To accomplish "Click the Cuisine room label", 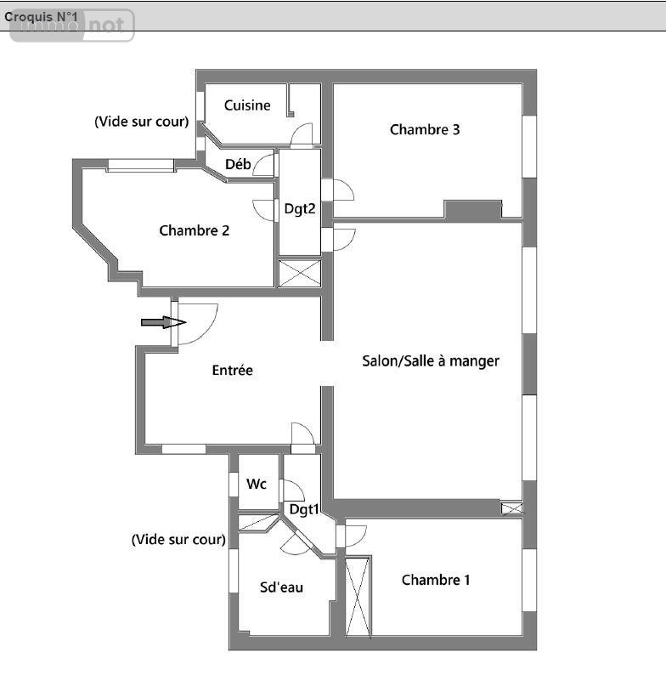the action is click(x=247, y=105).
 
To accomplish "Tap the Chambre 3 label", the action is click(x=425, y=130).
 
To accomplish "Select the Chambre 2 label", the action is click(x=194, y=231).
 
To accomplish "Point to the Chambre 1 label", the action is click(x=436, y=580).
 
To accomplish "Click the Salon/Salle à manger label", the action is click(x=431, y=361).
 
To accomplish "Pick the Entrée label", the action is click(x=233, y=371).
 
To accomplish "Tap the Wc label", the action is click(x=257, y=484).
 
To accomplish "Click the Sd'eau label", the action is click(x=281, y=587).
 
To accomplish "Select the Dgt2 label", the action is click(x=300, y=209).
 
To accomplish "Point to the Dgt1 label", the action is click(x=304, y=510).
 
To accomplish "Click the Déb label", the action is click(x=238, y=165).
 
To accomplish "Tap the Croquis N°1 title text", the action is click(x=41, y=17).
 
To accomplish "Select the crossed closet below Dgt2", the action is click(x=300, y=273).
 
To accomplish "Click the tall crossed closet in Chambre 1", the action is click(x=358, y=598).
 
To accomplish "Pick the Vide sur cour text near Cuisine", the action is click(x=142, y=122).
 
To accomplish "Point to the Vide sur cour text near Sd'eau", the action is click(x=178, y=540).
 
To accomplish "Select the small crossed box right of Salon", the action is click(x=512, y=509).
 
